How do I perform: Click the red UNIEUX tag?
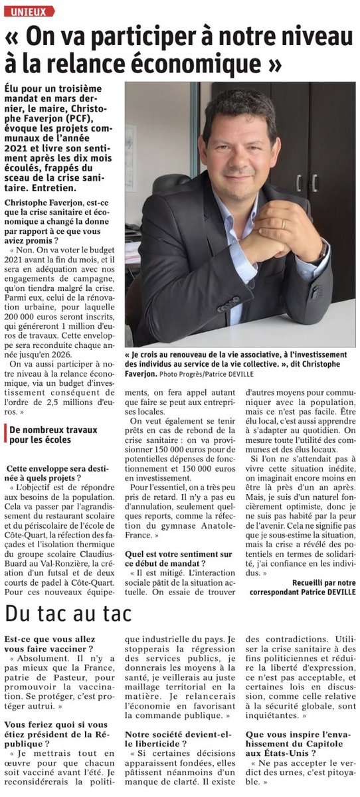(x=29, y=11)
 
